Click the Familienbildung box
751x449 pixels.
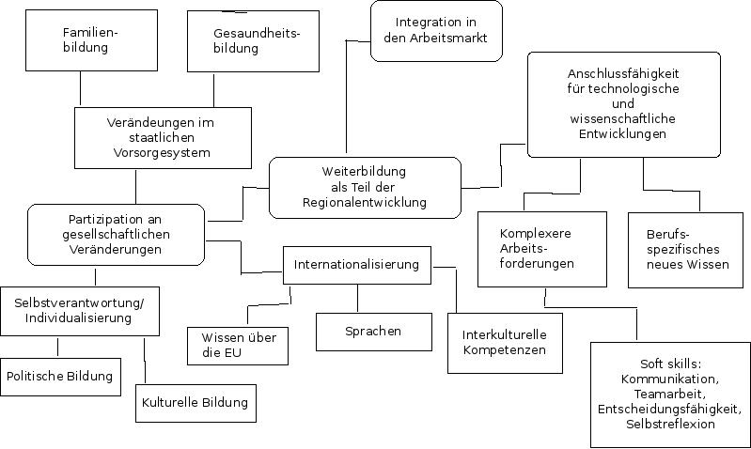pyautogui.click(x=82, y=39)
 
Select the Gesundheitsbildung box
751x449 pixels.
pyautogui.click(x=249, y=40)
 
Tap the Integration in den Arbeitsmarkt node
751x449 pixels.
pyautogui.click(x=436, y=31)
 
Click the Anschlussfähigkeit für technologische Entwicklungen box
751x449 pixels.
pyautogui.click(x=623, y=103)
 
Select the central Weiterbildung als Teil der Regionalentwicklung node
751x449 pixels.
pyautogui.click(x=365, y=187)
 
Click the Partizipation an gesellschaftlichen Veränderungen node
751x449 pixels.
pyautogui.click(x=117, y=234)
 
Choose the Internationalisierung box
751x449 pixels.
pyautogui.click(x=356, y=265)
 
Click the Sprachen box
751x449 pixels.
pyautogui.click(x=373, y=331)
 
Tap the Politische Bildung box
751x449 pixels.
pyautogui.click(x=60, y=376)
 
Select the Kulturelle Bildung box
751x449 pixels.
pyautogui.click(x=195, y=403)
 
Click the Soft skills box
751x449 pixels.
pyautogui.click(x=669, y=395)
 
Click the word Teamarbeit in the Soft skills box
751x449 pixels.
pyautogui.click(x=669, y=395)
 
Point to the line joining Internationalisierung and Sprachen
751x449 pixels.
pyautogui.click(x=357, y=298)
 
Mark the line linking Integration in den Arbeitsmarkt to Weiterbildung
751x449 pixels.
pyautogui.click(x=345, y=103)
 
